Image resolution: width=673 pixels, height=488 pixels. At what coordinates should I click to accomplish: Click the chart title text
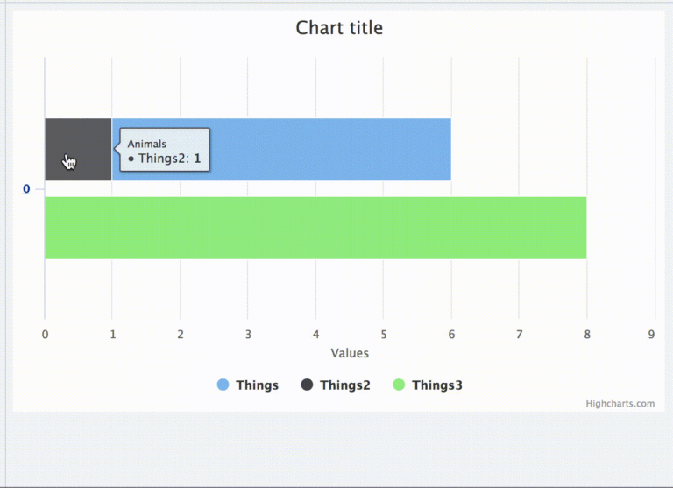[339, 28]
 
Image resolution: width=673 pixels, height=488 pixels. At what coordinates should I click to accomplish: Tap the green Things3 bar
[315, 228]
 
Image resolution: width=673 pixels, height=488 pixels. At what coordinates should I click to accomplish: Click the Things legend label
[257, 385]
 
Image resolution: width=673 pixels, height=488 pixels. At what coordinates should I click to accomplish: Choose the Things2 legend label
[344, 385]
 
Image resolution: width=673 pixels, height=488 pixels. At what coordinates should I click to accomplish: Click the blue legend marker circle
[223, 385]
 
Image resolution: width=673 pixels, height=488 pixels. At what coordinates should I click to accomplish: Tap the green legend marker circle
[399, 385]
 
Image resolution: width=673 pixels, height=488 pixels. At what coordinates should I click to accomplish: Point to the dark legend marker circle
[308, 385]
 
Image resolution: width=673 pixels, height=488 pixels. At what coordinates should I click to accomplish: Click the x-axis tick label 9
[651, 334]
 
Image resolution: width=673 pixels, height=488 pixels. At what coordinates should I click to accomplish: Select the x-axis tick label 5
[384, 334]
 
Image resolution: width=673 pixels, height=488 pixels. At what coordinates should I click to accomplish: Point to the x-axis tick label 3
[248, 334]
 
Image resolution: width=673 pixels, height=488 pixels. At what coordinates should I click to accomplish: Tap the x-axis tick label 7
[520, 334]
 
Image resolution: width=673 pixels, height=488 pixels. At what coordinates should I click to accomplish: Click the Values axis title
[350, 353]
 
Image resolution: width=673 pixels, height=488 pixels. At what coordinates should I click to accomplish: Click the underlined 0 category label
[26, 189]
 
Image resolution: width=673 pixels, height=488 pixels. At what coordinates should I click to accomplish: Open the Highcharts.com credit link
[620, 404]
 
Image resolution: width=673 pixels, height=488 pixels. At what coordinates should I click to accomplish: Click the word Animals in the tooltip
[147, 144]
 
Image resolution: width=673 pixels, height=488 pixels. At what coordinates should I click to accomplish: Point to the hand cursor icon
[69, 162]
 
